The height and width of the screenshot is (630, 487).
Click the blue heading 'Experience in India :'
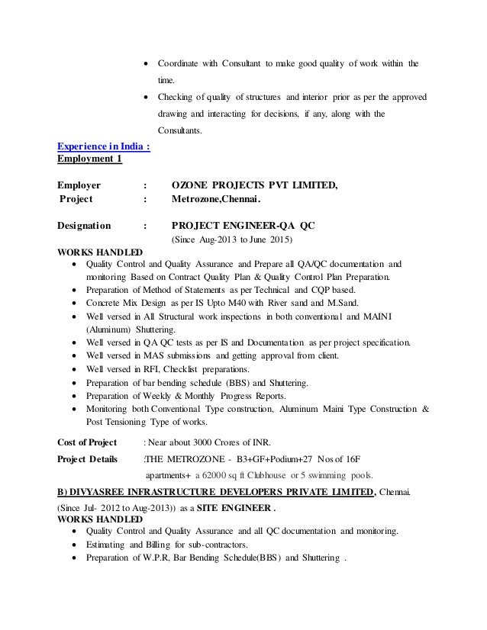coord(104,148)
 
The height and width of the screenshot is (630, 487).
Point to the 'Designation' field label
coord(84,226)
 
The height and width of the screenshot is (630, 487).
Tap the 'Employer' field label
coord(80,185)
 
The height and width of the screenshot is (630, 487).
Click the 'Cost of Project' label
coord(87,442)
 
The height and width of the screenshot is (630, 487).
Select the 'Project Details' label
coord(88,460)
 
